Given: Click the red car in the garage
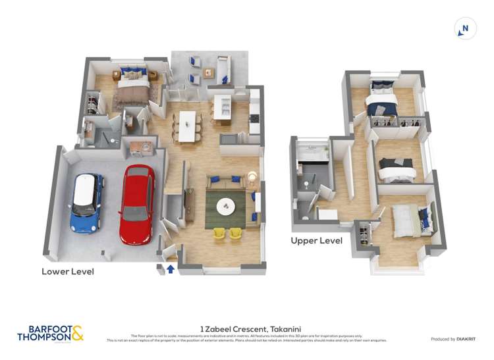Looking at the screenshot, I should coord(137,204).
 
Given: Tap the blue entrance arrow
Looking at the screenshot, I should coord(171,269).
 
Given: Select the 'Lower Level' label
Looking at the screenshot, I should coord(68,271).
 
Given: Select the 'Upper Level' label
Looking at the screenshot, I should coord(316,241).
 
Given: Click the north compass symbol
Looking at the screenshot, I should coord(465,28).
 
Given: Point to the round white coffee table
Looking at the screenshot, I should coord(226,207).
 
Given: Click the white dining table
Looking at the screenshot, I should coord(188,126).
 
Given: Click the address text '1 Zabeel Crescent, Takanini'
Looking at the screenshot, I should coord(247,327).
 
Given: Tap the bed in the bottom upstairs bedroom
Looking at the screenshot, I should coord(408,219).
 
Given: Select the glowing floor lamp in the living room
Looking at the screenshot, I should coord(252,176).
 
